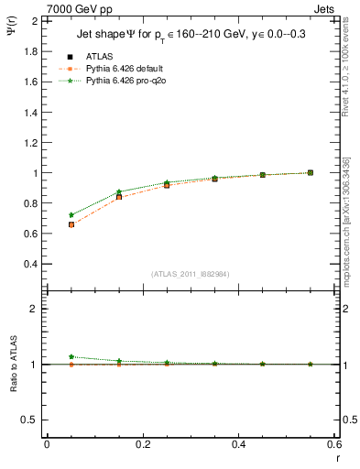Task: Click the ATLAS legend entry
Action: [x=98, y=56]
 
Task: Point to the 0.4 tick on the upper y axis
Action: [x=30, y=264]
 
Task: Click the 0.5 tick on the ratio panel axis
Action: [x=30, y=420]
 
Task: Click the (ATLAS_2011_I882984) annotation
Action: [x=190, y=274]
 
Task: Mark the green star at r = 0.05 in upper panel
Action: [x=71, y=215]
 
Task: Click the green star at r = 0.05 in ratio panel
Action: [x=71, y=357]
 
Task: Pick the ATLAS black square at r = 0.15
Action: [x=119, y=197]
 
